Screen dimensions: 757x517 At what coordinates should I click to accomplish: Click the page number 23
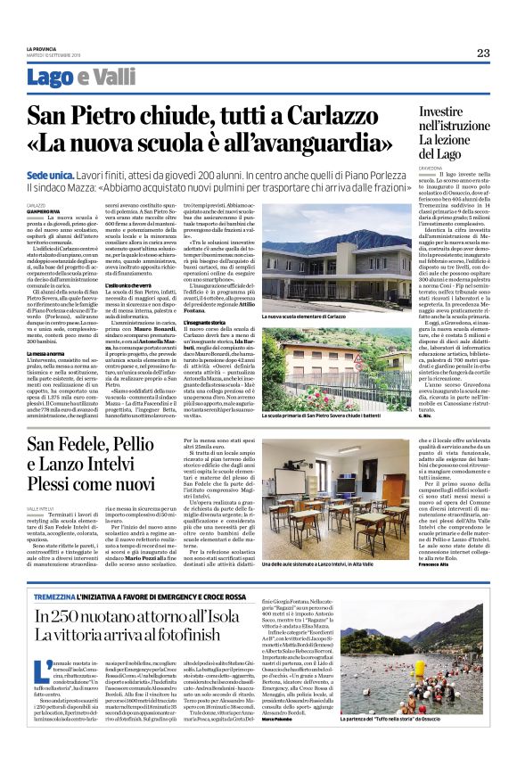tap(483, 53)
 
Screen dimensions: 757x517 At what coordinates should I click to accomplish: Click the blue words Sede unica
tap(50, 177)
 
